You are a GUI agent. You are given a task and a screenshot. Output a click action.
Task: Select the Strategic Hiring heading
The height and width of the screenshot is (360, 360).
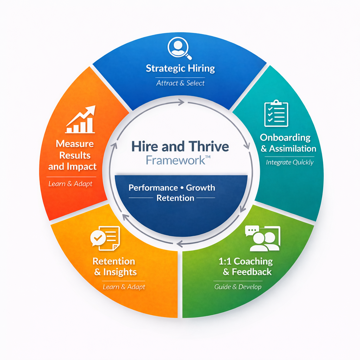[x=180, y=68]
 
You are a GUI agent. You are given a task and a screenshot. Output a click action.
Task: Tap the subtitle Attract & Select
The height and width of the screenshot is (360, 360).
[x=180, y=83]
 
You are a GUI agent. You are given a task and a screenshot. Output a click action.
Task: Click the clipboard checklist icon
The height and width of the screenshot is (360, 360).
[x=276, y=114]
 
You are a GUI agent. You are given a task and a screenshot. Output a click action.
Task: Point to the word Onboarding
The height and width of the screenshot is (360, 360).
[x=285, y=137]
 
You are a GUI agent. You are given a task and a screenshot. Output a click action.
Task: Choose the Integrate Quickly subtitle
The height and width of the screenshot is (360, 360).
[x=290, y=162]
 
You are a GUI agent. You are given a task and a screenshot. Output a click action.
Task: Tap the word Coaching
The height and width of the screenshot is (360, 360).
[x=253, y=261]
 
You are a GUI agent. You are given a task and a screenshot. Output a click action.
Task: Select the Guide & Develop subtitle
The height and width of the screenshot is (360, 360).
[x=238, y=287]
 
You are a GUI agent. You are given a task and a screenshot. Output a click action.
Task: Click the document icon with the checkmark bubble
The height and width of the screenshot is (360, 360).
[x=105, y=238]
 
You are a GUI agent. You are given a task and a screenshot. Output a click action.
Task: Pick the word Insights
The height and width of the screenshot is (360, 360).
[x=120, y=272]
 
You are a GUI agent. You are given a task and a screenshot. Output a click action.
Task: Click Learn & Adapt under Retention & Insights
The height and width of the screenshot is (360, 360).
[x=124, y=287]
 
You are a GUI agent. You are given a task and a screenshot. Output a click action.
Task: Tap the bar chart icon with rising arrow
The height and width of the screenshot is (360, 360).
[x=81, y=120]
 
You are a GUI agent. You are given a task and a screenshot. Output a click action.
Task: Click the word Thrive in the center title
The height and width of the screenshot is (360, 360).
[x=209, y=146]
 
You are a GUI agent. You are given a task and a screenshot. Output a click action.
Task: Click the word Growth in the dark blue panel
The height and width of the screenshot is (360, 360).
[x=200, y=187]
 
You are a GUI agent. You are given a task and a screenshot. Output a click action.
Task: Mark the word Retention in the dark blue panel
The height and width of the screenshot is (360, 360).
[x=175, y=198]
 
